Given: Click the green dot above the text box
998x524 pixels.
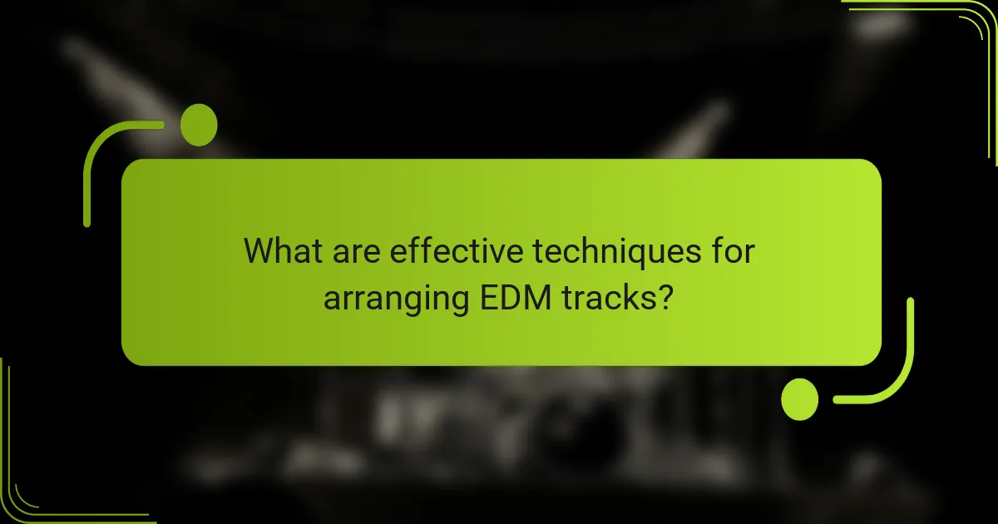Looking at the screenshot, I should tap(199, 126).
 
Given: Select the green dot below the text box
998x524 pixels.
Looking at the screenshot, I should tap(800, 398).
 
